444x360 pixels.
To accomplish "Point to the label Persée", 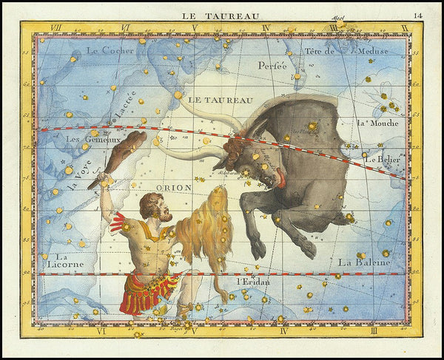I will (272, 65).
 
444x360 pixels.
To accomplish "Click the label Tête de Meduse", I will (345, 51).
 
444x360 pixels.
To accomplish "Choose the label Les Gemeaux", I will (92, 138).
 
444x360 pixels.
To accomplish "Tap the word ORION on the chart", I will (174, 187).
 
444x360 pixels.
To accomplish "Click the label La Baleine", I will (366, 262).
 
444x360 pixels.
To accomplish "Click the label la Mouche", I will (372, 123).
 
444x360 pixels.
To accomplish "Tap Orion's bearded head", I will (156, 207).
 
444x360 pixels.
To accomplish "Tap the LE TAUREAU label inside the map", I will (221, 99).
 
